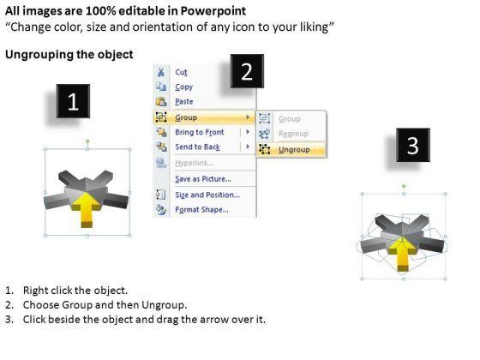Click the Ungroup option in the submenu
(x=294, y=150)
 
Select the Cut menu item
(x=181, y=72)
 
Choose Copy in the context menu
(x=183, y=87)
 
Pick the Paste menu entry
(x=184, y=102)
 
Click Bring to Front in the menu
(x=199, y=132)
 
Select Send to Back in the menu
(x=197, y=147)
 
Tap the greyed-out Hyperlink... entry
(x=194, y=163)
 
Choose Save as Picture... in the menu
(x=203, y=179)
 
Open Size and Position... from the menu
(x=207, y=195)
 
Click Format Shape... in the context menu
(x=201, y=210)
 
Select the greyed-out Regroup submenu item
(x=293, y=134)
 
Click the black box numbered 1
(x=73, y=101)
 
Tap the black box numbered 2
(x=247, y=71)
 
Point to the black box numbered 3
(x=413, y=145)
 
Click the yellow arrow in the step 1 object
(x=87, y=210)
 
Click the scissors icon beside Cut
(x=161, y=72)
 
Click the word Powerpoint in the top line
(x=213, y=11)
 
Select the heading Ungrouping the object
(x=69, y=55)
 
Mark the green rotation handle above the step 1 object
(x=87, y=141)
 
